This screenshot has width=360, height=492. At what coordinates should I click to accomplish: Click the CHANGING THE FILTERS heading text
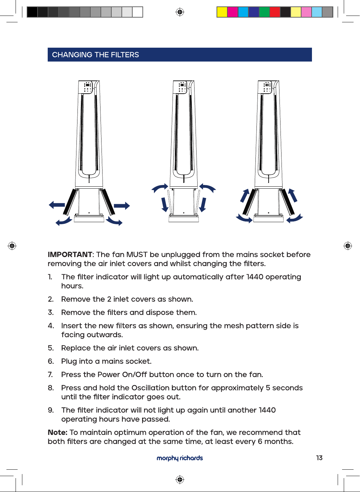click(95, 55)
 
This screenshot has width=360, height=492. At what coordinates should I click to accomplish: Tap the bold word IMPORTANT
click(70, 254)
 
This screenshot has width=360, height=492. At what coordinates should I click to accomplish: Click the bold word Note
click(58, 432)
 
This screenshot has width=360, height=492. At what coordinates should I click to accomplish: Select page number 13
click(319, 458)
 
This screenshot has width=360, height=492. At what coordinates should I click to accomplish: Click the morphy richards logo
click(180, 458)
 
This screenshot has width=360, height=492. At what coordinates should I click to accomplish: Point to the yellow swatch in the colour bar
click(222, 12)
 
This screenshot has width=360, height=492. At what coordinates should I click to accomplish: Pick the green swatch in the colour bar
click(264, 12)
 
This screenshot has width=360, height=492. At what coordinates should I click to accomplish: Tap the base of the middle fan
click(183, 218)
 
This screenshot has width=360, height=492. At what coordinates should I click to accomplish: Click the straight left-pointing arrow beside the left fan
click(57, 205)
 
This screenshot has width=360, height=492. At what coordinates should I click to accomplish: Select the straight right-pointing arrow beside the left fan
click(122, 206)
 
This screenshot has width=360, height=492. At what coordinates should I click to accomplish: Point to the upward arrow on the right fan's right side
click(293, 195)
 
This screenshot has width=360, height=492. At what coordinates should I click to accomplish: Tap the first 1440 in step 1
click(255, 277)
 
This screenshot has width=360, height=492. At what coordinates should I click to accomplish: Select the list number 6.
click(51, 361)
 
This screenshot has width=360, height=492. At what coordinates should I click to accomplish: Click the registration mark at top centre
click(180, 12)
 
